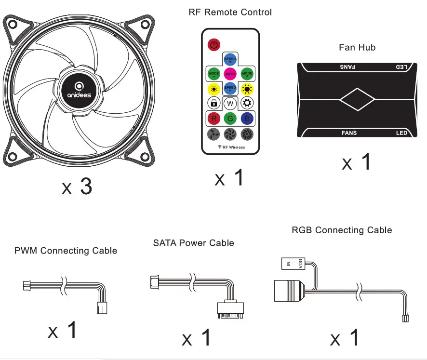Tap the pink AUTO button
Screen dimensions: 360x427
tap(230, 74)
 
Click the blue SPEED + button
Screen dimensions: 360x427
tap(230, 59)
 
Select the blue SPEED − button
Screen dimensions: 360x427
tap(230, 89)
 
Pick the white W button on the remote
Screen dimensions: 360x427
tap(230, 103)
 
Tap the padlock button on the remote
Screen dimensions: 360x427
tap(213, 103)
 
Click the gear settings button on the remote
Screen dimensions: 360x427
tap(247, 103)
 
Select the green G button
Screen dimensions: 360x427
tap(230, 118)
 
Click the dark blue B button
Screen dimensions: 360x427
tap(247, 118)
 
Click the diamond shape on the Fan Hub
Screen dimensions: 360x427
tap(357, 100)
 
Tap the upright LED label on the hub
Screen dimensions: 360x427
tap(401, 133)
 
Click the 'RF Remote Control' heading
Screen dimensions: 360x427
tap(230, 12)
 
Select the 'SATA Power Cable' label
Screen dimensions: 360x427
tap(193, 243)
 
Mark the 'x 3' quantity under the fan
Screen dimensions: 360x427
tap(77, 187)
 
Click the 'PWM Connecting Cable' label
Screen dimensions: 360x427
tap(66, 251)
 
